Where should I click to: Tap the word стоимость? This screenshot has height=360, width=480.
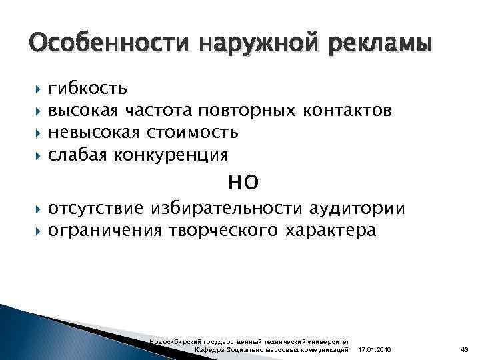(x=193, y=132)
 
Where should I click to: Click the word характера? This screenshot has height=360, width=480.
(x=331, y=231)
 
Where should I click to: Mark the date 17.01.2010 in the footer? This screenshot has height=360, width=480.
(x=375, y=350)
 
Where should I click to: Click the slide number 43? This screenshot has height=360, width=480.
(x=465, y=350)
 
